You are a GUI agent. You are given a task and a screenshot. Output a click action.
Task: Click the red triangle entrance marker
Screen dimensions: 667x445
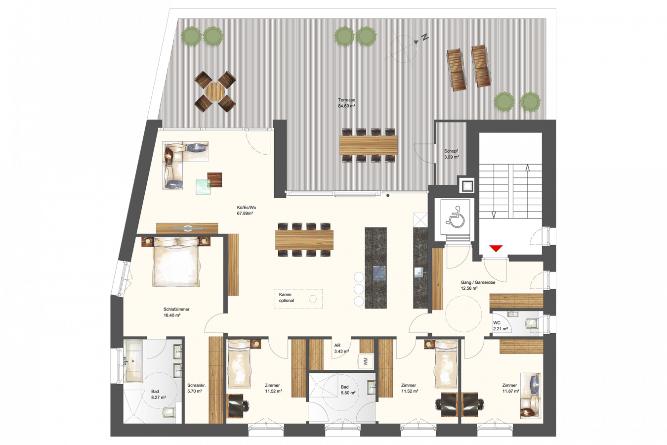click(496, 248)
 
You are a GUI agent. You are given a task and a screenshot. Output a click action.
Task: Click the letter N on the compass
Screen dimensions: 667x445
click(425, 38)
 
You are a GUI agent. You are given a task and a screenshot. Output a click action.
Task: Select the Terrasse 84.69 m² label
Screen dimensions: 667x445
click(347, 103)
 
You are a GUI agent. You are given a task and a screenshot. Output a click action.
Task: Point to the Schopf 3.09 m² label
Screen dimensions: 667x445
click(451, 154)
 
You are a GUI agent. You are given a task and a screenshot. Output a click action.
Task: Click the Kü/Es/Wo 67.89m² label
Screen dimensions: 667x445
click(246, 211)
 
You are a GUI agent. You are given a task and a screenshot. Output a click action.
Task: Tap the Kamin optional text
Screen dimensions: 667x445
click(287, 298)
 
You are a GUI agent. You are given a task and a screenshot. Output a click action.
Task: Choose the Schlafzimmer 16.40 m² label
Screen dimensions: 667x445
click(176, 312)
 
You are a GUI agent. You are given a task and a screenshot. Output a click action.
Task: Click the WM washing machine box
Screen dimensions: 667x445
click(365, 362)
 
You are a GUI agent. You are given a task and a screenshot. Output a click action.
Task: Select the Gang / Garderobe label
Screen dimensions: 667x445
click(478, 282)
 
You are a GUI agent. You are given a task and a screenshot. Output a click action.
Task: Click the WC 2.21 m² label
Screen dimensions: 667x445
click(500, 326)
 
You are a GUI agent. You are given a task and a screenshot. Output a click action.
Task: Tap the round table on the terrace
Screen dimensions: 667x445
click(215, 92)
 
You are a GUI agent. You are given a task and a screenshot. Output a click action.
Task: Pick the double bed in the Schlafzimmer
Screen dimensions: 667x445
click(176, 262)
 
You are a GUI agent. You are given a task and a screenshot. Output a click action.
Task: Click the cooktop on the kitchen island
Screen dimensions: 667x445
click(379, 273)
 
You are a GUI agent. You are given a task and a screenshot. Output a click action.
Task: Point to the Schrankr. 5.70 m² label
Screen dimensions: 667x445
click(196, 388)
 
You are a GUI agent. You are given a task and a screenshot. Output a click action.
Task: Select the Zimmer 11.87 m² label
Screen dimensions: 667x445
click(511, 388)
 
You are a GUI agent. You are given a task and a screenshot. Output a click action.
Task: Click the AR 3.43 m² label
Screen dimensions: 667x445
click(341, 348)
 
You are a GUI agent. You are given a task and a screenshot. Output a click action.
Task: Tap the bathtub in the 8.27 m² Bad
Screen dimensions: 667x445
click(133, 361)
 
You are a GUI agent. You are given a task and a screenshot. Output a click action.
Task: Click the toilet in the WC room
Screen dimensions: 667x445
click(532, 323)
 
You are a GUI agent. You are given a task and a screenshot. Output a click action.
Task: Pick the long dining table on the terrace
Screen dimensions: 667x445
click(369, 145)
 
